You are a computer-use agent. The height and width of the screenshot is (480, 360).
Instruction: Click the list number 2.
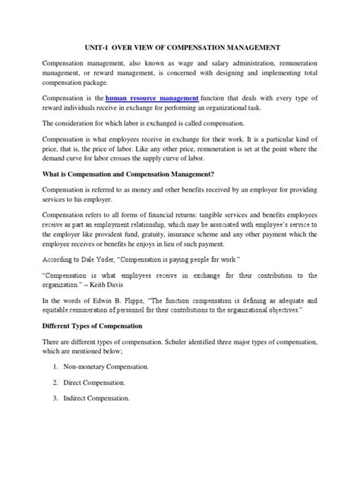point(58,425)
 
